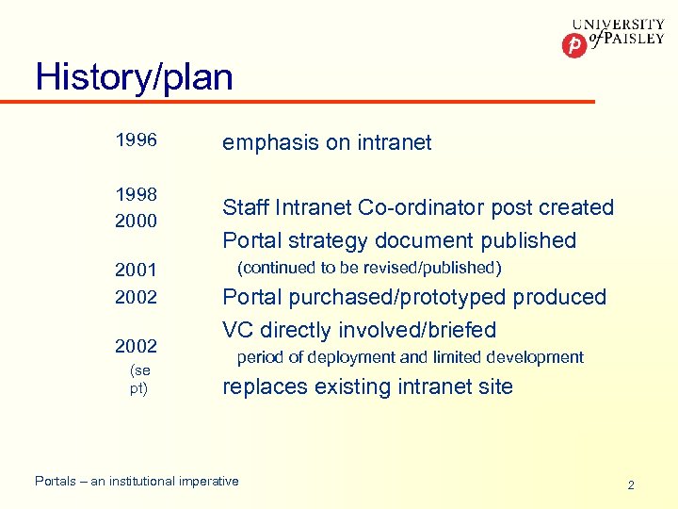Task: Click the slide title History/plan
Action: pos(134,76)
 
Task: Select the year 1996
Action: pos(136,141)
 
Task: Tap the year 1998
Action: pos(136,193)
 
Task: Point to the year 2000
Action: pos(136,220)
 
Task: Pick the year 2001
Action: pos(136,271)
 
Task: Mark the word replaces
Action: pos(263,386)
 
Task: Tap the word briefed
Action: pos(461,330)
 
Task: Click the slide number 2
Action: pos(631,484)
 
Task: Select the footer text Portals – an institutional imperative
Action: pos(137,481)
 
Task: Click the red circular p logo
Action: pos(573,44)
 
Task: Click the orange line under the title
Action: pos(311,101)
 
